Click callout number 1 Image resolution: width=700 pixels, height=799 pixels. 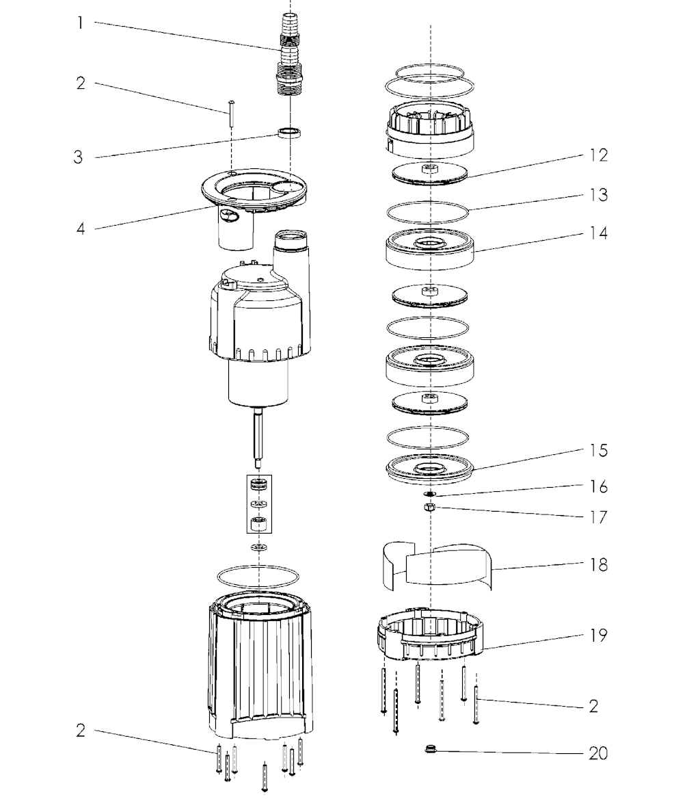coord(80,23)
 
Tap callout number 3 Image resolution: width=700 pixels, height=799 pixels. coord(78,157)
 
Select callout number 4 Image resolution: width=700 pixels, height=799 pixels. coord(81,228)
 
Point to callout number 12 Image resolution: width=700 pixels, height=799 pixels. coord(599,155)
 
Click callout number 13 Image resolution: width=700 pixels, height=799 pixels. coord(599,195)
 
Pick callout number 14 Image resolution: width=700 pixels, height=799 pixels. coord(599,233)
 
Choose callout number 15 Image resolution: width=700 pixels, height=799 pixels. coord(599,450)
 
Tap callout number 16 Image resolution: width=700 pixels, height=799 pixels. coord(599,486)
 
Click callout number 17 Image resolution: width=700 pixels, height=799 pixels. coord(599,517)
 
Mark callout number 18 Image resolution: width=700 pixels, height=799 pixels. coord(599,564)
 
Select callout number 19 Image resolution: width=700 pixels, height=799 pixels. coord(599,636)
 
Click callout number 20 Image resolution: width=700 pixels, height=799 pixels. coord(598,753)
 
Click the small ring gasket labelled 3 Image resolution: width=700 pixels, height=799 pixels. coord(290,133)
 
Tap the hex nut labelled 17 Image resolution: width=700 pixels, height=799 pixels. coord(430,507)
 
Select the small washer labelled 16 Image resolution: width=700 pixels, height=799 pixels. coord(430,494)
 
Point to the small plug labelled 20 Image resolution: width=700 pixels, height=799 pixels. coord(431,749)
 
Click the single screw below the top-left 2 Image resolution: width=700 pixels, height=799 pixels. coord(232,115)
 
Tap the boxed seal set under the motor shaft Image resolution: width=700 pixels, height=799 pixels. coord(259,504)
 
